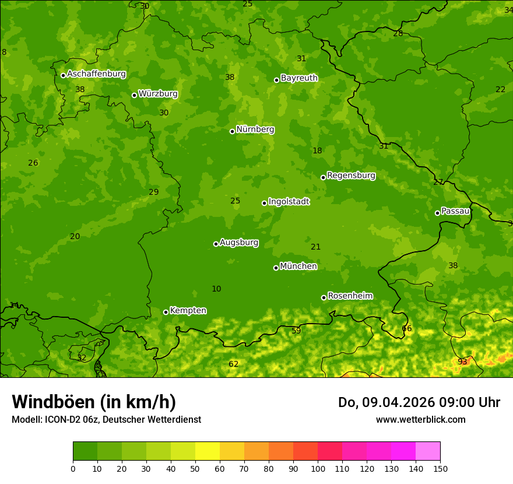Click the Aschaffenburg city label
pyautogui.click(x=96, y=74)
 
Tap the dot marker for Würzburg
pyautogui.click(x=134, y=95)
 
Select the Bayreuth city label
pyautogui.click(x=299, y=78)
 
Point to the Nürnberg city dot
pyautogui.click(x=232, y=131)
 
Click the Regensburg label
pyautogui.click(x=351, y=175)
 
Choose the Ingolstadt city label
pyautogui.click(x=289, y=202)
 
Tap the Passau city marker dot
pyautogui.click(x=437, y=213)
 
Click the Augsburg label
pyautogui.click(x=239, y=242)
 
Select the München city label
pyautogui.click(x=298, y=266)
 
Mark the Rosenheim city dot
pyautogui.click(x=324, y=297)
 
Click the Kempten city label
pyautogui.click(x=188, y=310)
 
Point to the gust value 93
pyautogui.click(x=462, y=362)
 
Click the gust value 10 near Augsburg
pyautogui.click(x=216, y=289)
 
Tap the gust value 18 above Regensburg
pyautogui.click(x=317, y=150)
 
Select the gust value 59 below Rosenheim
pyautogui.click(x=296, y=331)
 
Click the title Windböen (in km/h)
pyautogui.click(x=94, y=402)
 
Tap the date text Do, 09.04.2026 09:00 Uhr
pyautogui.click(x=419, y=402)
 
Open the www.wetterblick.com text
pyautogui.click(x=420, y=419)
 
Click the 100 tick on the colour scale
pyautogui.click(x=318, y=468)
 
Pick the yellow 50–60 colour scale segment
pyautogui.click(x=208, y=451)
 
